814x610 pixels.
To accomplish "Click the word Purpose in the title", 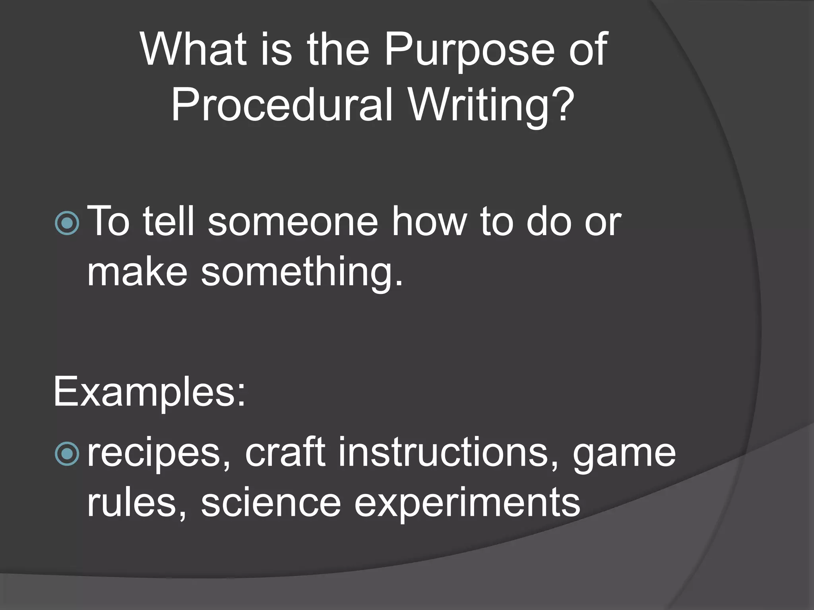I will (x=469, y=50).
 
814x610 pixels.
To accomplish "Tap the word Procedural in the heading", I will (x=282, y=105).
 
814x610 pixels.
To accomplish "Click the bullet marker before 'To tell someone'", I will (x=67, y=223).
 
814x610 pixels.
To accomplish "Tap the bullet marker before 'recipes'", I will (x=67, y=454).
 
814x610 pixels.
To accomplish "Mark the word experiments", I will (x=467, y=504).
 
